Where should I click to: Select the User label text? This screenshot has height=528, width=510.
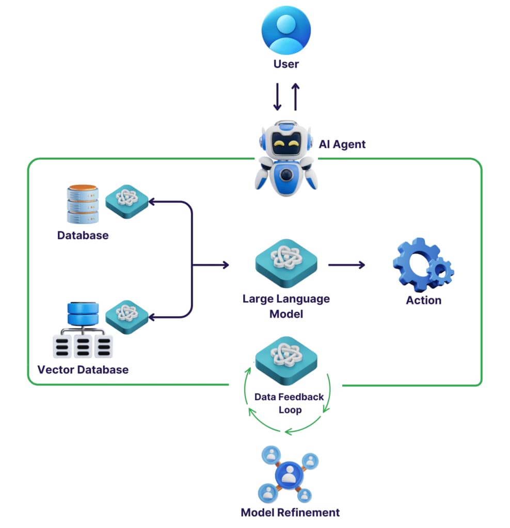tap(286, 64)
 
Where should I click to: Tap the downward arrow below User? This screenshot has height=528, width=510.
tap(277, 97)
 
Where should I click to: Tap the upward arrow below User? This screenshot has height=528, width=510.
tap(295, 97)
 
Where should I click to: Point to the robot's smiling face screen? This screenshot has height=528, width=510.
tap(286, 140)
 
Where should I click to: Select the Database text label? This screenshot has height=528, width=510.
tap(83, 236)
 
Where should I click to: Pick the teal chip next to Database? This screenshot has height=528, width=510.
tap(127, 201)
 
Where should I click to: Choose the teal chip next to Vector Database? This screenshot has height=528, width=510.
tap(127, 315)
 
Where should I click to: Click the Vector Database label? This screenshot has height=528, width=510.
tap(83, 370)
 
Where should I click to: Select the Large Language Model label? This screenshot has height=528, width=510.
tap(286, 306)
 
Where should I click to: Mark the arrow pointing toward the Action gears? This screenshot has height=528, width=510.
tap(346, 265)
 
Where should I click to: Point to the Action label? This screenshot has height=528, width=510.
tap(423, 300)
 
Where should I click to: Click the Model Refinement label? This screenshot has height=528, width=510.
tap(290, 512)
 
